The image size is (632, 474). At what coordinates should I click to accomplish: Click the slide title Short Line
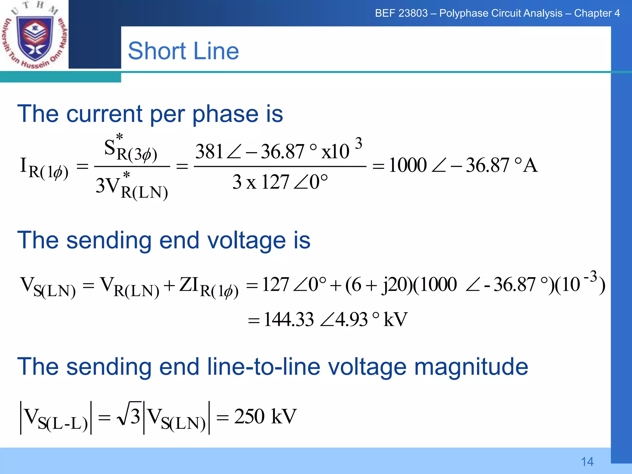click(183, 51)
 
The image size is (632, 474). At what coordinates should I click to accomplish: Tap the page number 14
click(587, 462)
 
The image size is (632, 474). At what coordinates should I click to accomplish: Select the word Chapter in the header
click(592, 13)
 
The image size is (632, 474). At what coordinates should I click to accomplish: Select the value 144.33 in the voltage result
click(289, 319)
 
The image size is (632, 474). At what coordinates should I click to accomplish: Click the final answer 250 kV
click(265, 417)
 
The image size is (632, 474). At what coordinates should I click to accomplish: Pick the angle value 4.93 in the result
click(351, 319)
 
